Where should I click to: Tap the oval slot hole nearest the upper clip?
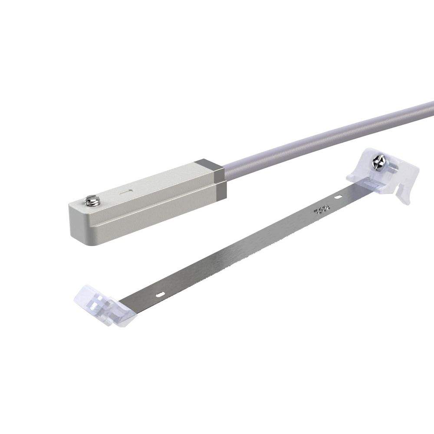(337, 197)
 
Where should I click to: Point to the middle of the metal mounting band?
(243, 252)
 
